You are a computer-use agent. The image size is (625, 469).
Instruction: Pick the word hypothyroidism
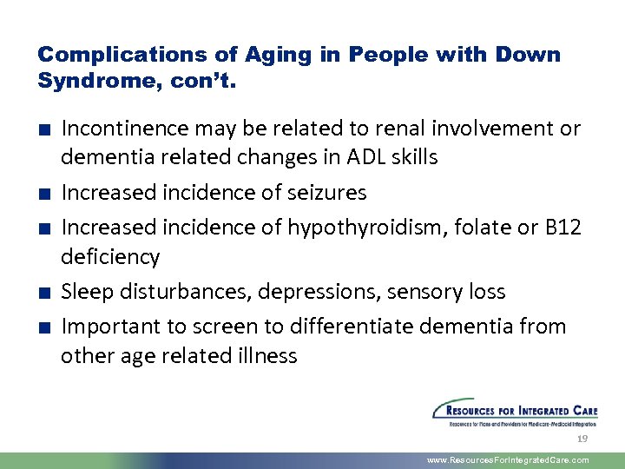click(x=373, y=228)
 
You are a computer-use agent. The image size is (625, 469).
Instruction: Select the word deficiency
click(x=110, y=257)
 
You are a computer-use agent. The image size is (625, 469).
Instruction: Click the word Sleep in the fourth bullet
click(x=88, y=292)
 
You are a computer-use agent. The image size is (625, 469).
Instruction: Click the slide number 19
click(x=583, y=439)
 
